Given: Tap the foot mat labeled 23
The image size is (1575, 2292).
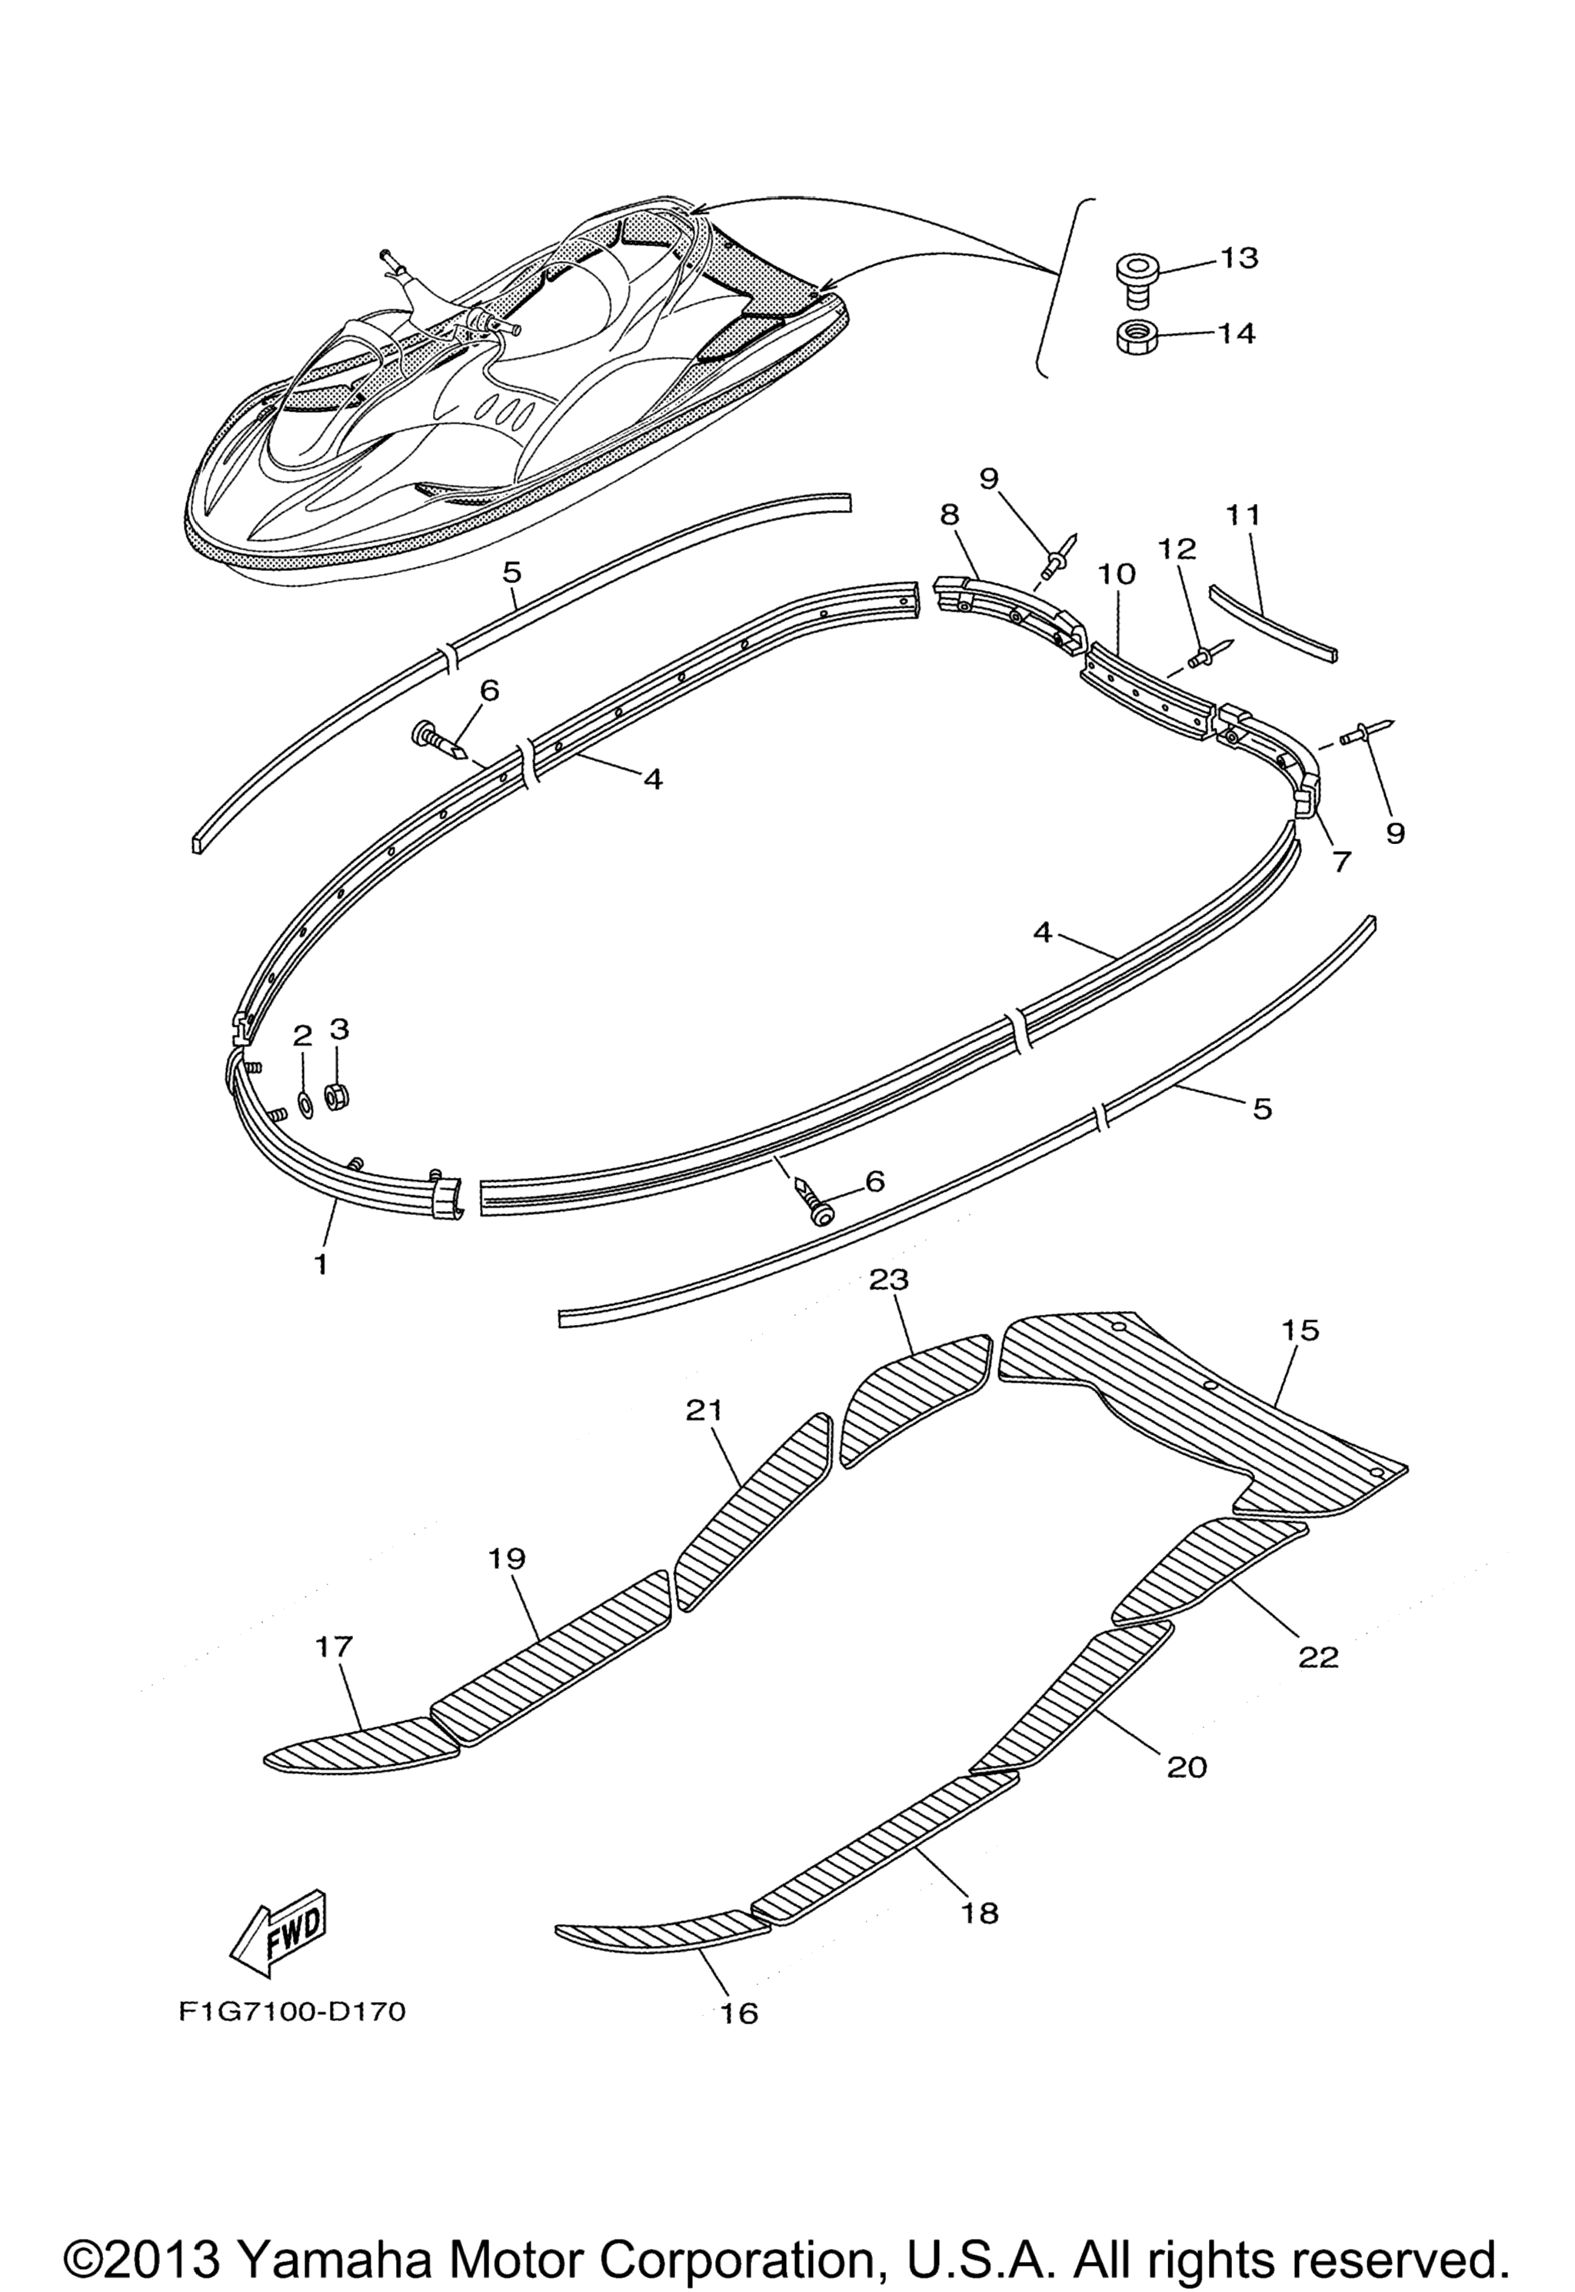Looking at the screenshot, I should (913, 1395).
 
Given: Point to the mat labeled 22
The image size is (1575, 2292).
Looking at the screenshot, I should (1209, 1566).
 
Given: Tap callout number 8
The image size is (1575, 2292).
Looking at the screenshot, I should (949, 513).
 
